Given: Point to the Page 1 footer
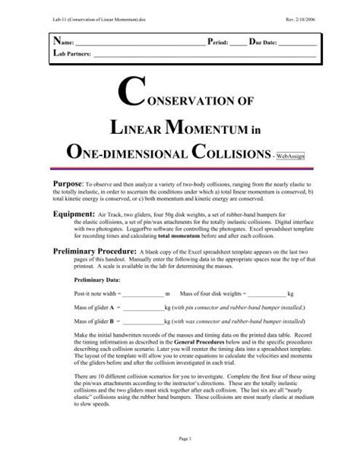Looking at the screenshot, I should point(179,441).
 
